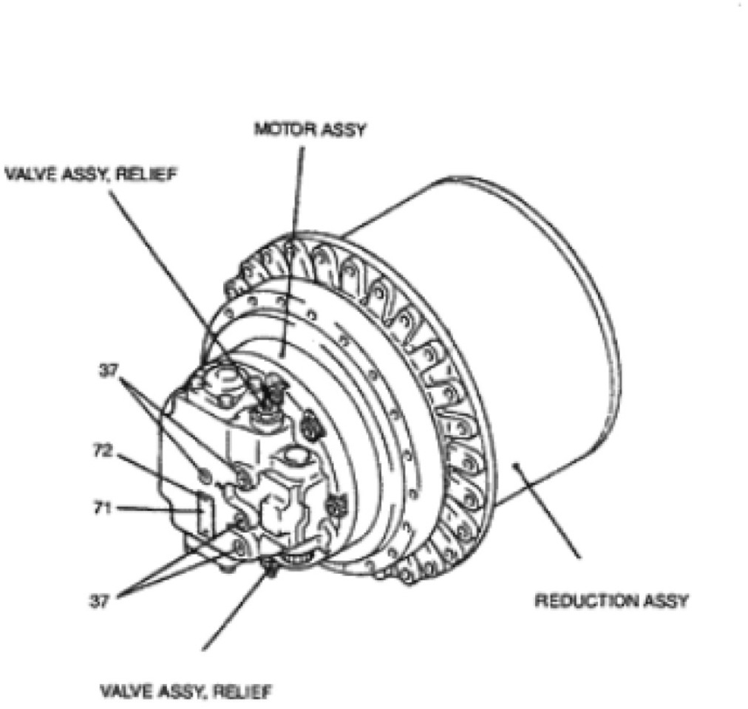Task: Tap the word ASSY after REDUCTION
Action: pyautogui.click(x=666, y=600)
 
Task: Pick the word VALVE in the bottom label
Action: pyautogui.click(x=125, y=692)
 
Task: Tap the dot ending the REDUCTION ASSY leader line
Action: pyautogui.click(x=517, y=464)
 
